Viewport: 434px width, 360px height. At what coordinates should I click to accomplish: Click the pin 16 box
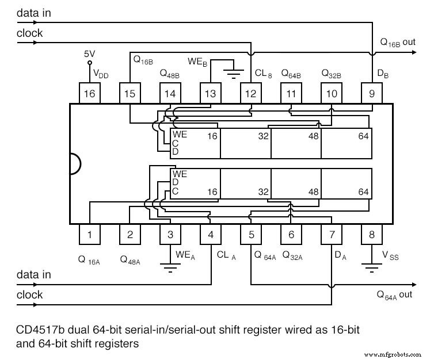point(90,93)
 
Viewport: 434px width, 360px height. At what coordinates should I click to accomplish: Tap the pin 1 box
point(90,234)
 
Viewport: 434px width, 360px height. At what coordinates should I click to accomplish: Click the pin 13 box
point(211,93)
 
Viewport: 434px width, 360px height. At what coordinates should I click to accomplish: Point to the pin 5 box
point(251,234)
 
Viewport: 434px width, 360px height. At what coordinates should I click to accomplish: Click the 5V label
point(89,53)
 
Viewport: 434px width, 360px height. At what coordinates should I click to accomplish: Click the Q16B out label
point(397,43)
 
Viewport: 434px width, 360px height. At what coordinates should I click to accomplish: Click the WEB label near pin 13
point(197,61)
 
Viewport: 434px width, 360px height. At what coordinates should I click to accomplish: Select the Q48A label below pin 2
point(130,259)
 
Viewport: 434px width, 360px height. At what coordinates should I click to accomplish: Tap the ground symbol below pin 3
point(170,265)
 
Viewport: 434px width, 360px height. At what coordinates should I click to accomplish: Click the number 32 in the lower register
point(263,192)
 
